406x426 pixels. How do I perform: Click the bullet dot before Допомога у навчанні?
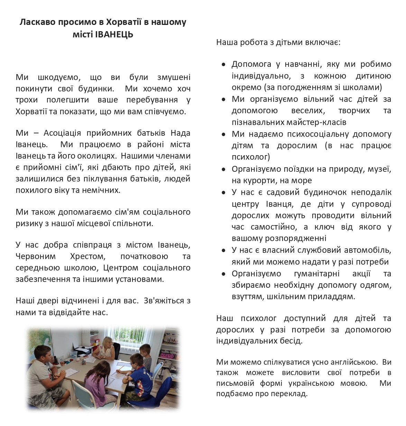coord(224,64)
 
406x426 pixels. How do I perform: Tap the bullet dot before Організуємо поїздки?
coord(224,169)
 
